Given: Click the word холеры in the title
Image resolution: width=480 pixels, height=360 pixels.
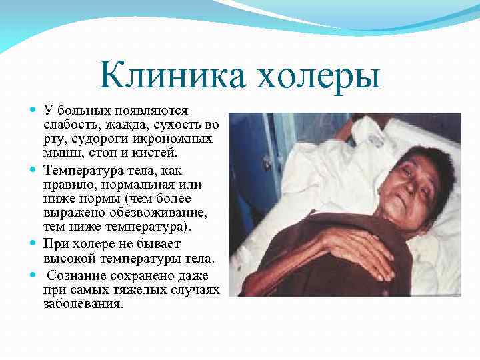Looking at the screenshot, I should pos(317,75).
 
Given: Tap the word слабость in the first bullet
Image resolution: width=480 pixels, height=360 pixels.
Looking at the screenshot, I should pos(67,124).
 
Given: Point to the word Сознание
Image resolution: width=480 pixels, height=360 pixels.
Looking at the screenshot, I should pos(76,275).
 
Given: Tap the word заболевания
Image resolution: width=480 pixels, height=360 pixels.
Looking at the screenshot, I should pos(83,303).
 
